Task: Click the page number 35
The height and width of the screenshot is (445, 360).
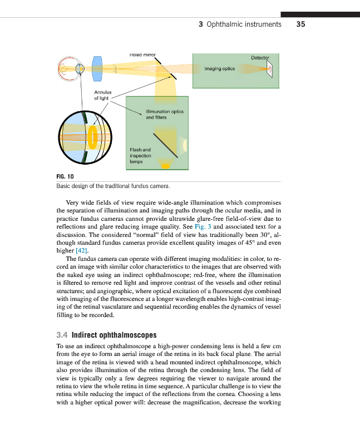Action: point(301,24)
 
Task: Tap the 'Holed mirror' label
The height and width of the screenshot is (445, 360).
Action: point(142,56)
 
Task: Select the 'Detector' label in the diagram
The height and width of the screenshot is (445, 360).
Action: point(260,58)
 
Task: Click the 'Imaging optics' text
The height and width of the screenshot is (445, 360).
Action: point(220,69)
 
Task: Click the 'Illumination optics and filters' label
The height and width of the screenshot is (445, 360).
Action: point(161,115)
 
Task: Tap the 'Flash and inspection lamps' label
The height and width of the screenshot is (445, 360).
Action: point(140,156)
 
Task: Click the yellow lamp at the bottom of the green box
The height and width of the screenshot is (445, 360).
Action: point(165,165)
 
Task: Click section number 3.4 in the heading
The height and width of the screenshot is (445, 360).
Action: point(62,335)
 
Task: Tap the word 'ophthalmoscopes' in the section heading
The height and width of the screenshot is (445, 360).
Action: point(131,335)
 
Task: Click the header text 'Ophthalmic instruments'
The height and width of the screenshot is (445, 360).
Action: point(244,24)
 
